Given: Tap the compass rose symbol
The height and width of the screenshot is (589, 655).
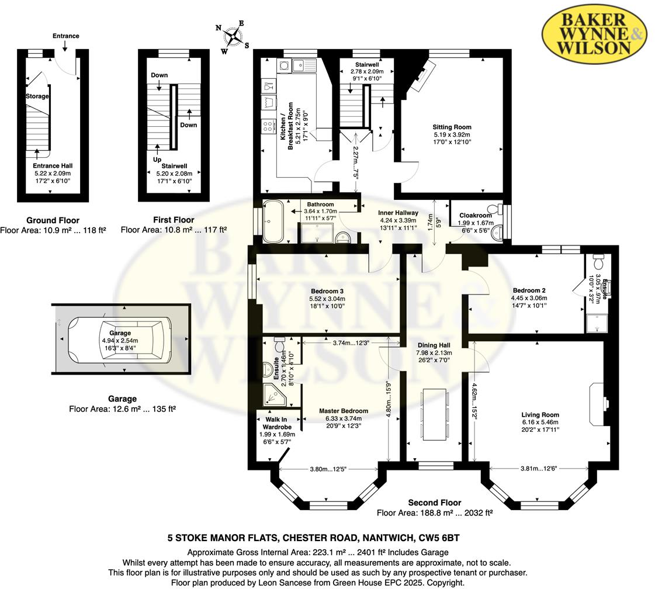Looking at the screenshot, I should [234, 36].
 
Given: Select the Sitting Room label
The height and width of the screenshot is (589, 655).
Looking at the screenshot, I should [452, 127].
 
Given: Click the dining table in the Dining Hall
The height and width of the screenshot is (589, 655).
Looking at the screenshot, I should [434, 415].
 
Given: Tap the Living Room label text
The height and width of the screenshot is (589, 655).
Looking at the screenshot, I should [540, 415].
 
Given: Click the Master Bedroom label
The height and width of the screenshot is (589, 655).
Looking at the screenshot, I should [343, 411].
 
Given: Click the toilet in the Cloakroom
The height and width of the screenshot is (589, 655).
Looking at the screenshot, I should [497, 209].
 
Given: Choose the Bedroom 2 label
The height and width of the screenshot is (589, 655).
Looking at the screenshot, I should [529, 290].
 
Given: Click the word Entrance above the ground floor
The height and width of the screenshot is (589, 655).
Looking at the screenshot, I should [65, 36].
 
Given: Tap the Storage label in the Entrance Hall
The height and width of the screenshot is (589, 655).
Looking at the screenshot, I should [37, 96].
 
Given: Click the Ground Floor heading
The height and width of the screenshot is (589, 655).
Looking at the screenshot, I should [53, 220].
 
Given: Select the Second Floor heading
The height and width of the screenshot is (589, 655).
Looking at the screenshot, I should [434, 503].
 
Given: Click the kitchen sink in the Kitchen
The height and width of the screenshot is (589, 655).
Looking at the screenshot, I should [304, 64].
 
